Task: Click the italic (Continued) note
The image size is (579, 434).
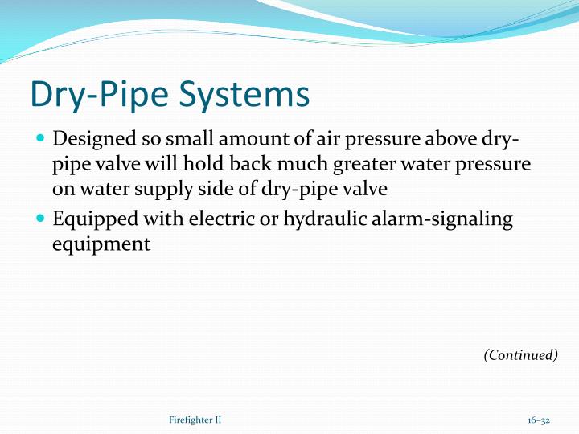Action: [520, 354]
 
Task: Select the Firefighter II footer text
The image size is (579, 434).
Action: [195, 420]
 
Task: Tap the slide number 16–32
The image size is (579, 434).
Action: [539, 420]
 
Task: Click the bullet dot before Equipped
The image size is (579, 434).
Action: [41, 218]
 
